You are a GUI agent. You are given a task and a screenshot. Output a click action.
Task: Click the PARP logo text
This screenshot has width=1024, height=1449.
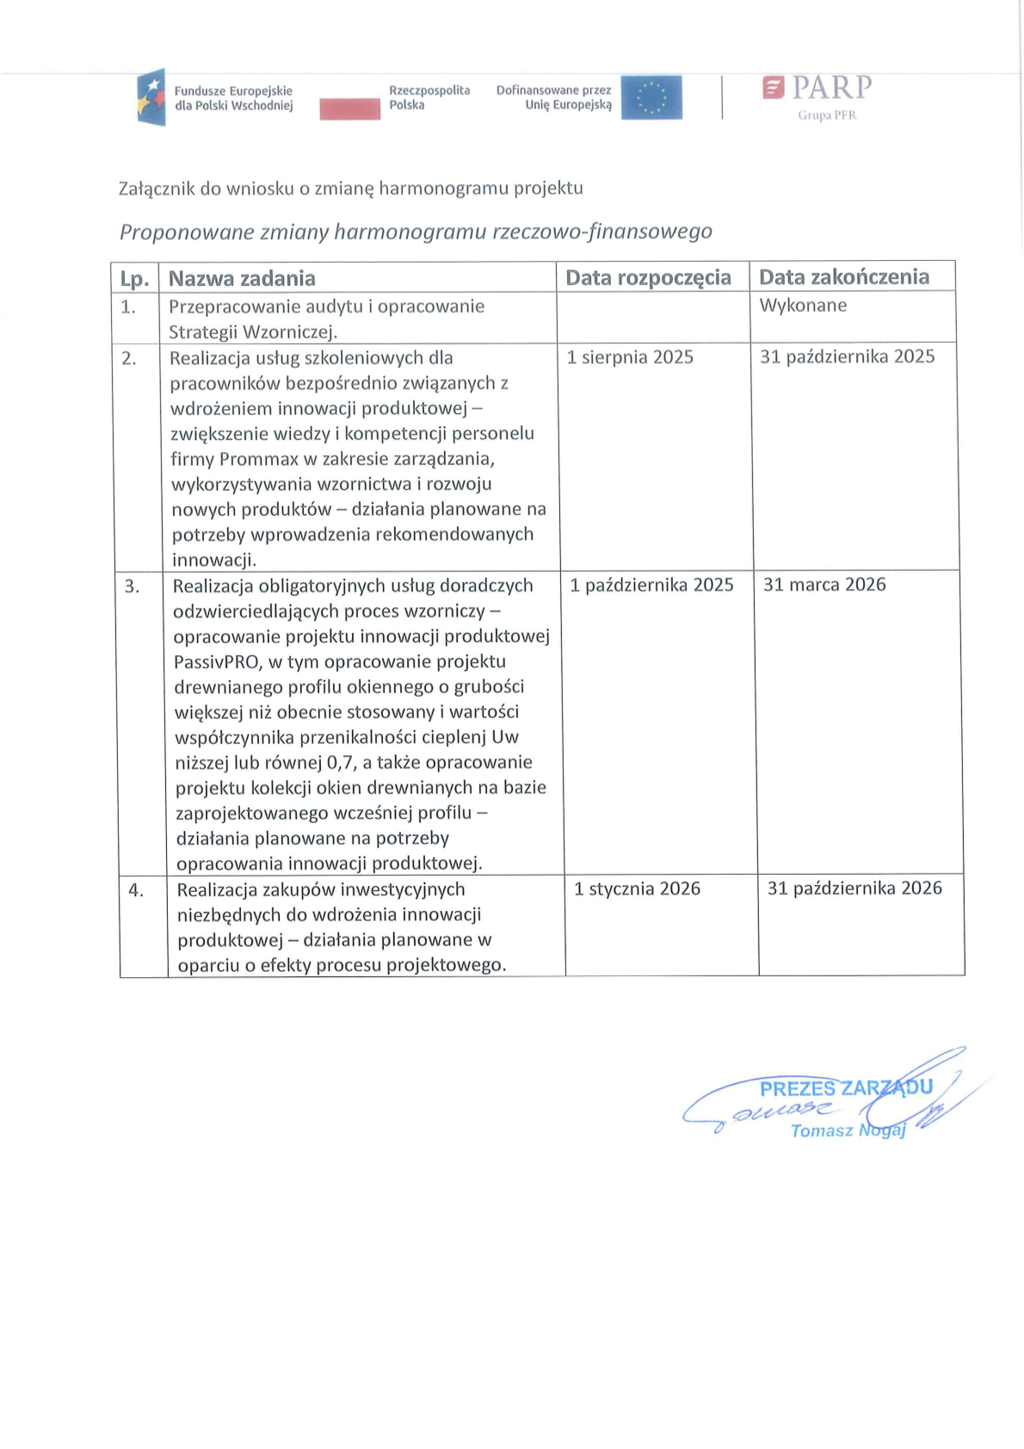[831, 88]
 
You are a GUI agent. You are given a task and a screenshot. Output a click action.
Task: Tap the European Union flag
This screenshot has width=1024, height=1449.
[651, 97]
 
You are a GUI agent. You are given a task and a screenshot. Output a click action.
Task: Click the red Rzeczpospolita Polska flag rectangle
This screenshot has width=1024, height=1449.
[349, 108]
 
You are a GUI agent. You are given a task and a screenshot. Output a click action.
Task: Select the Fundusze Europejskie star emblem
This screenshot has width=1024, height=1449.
[151, 97]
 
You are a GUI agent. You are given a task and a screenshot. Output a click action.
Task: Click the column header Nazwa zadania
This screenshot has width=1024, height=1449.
[242, 278]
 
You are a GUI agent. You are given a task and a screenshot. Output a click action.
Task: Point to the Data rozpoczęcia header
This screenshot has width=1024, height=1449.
[648, 277]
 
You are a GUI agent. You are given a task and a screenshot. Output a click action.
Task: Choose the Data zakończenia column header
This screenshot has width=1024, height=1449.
[843, 276]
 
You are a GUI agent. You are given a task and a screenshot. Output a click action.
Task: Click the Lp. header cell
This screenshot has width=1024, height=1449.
[134, 279]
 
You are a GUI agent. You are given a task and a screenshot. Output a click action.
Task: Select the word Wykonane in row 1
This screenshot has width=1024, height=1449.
[803, 305]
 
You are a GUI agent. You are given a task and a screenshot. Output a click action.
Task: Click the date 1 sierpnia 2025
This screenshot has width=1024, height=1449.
[630, 357]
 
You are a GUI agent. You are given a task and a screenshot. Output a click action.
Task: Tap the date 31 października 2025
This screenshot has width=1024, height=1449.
[847, 356]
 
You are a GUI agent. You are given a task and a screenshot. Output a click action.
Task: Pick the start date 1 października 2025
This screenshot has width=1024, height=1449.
[651, 585]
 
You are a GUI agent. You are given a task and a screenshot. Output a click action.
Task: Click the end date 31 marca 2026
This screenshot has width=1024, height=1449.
[824, 585]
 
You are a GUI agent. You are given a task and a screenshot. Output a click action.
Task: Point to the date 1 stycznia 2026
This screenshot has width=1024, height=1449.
[637, 889]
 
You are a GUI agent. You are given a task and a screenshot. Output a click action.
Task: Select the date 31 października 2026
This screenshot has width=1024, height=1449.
[854, 888]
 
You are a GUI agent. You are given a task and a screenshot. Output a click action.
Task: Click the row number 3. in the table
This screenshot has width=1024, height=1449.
[132, 586]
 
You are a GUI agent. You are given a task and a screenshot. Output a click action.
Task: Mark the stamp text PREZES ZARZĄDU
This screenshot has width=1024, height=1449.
[845, 1088]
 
